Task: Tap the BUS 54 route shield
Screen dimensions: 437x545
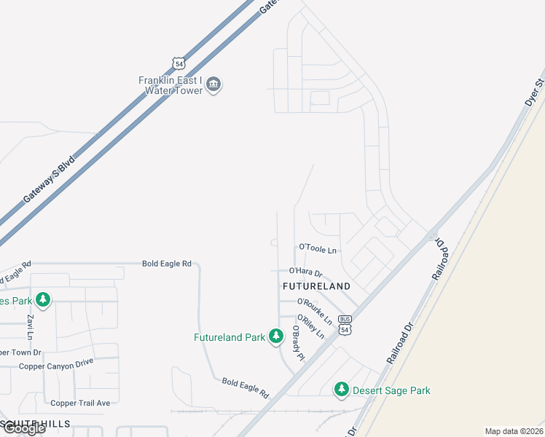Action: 345,326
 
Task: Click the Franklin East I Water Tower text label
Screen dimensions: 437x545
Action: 170,85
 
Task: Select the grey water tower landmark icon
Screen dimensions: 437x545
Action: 213,85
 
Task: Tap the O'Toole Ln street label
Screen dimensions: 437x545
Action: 318,250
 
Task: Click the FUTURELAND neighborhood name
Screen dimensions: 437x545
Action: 316,286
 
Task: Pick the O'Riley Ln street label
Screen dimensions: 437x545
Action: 310,328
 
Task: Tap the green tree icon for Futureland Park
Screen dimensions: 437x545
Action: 275,336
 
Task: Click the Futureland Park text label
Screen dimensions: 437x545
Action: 229,337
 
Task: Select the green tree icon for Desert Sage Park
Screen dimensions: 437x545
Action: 341,390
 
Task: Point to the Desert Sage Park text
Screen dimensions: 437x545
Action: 391,390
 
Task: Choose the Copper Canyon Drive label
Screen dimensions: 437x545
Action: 56,366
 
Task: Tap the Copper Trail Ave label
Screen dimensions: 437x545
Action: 80,403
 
